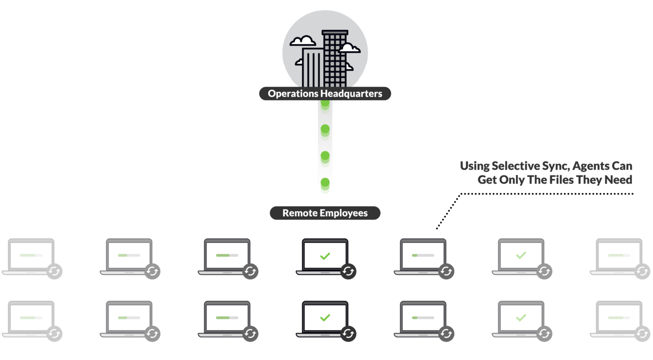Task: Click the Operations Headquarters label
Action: (x=325, y=94)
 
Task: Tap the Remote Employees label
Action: (x=325, y=214)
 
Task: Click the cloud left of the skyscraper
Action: (x=303, y=41)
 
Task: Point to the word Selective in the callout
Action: (x=516, y=166)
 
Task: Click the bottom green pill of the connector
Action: (x=325, y=186)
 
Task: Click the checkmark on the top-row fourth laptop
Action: (x=325, y=256)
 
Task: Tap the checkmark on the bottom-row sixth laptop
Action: (x=521, y=318)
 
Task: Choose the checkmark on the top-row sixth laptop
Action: (x=521, y=256)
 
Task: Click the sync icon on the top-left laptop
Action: (x=55, y=271)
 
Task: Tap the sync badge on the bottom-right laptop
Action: (x=642, y=334)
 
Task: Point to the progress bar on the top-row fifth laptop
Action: (x=423, y=256)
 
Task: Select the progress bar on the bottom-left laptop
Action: (x=31, y=318)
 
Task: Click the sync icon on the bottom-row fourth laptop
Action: (x=348, y=334)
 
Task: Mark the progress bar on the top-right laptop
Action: (x=619, y=256)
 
